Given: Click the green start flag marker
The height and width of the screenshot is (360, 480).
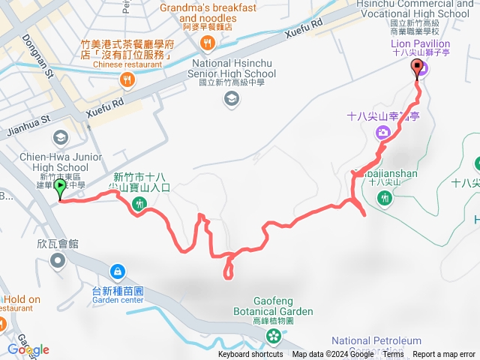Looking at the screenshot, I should [x=60, y=190].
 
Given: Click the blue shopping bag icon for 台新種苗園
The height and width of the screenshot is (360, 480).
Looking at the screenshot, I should [x=117, y=271].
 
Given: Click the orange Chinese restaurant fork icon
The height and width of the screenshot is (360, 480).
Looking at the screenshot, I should [x=128, y=79].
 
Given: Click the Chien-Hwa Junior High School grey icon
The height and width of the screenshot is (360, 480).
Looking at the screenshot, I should [x=59, y=137].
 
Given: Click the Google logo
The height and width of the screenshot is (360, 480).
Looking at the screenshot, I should [x=28, y=349].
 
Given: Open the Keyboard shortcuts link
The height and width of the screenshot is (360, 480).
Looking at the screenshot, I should [x=251, y=355].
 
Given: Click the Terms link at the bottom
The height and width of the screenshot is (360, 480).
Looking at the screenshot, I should [x=393, y=355].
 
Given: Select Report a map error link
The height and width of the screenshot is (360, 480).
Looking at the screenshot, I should [x=444, y=355].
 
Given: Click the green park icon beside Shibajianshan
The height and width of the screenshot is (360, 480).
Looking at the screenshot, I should [x=385, y=198].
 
